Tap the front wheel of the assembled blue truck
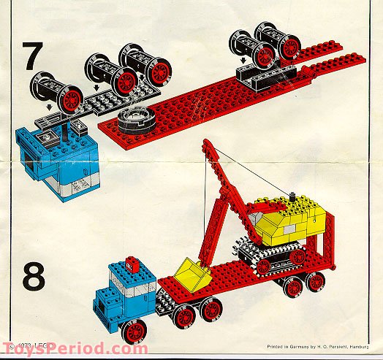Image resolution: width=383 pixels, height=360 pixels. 134,333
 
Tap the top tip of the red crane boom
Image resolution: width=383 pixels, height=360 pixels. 205,142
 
